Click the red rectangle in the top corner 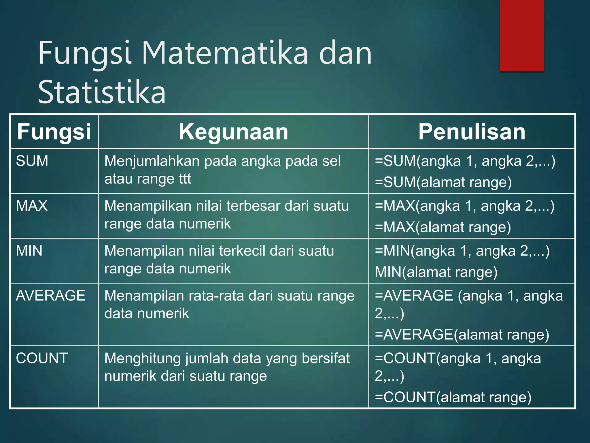pos(521,35)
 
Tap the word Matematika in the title pos(225,53)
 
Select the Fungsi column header pos(54,132)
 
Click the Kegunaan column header pos(233,132)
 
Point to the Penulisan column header pos(472,132)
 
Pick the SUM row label pos(32,161)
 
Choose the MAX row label pos(32,206)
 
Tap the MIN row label pos(29,251)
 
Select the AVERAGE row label pos(51,296)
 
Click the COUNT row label pos(42,358)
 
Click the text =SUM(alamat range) pos(443,182)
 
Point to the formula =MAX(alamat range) pos(443,227)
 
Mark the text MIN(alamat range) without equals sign pos(436,272)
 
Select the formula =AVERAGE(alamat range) pos(462,335)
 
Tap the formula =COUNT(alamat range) pos(453,397)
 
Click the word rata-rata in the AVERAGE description pos(216,296)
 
